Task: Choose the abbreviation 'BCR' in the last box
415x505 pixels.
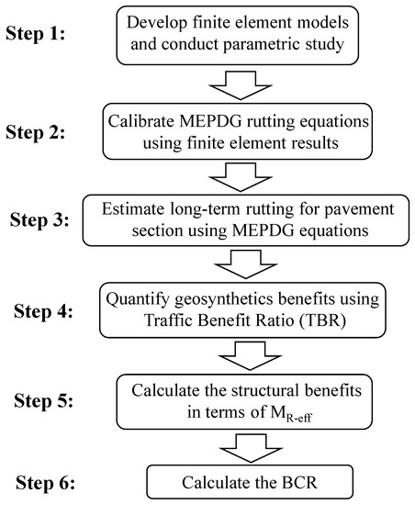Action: [301, 479]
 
